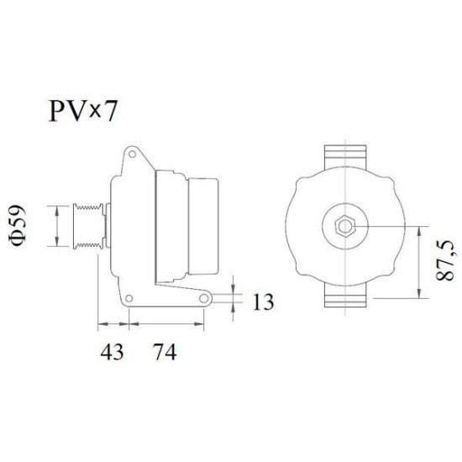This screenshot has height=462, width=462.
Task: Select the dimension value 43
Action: pos(112,352)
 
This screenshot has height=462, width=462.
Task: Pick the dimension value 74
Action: pos(165,352)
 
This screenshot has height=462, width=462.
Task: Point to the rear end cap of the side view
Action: pos(206,227)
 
